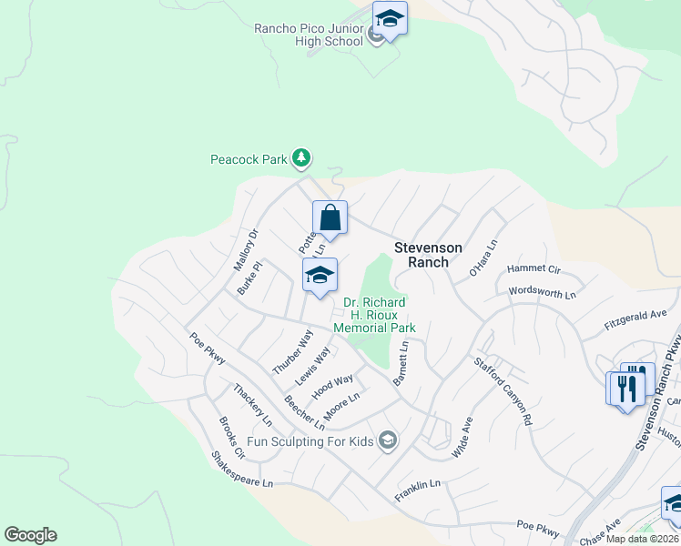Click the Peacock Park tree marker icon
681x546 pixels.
pos(301,159)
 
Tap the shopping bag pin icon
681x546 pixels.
pos(330,218)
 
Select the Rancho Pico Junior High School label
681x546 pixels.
pos(309,35)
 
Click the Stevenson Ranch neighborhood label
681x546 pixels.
pos(428,255)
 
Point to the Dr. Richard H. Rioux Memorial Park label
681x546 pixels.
pos(374,315)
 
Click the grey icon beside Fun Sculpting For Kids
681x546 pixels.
pos(388,441)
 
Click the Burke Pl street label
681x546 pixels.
pos(249,278)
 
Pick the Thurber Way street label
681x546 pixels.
pos(293,352)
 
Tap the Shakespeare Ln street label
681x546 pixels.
pos(241,470)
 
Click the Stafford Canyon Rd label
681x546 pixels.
pos(502,389)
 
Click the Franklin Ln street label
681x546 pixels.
pos(418,491)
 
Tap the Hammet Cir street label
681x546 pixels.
pos(534,268)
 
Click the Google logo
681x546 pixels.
pos(30,535)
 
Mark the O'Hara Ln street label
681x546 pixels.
pos(484,258)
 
